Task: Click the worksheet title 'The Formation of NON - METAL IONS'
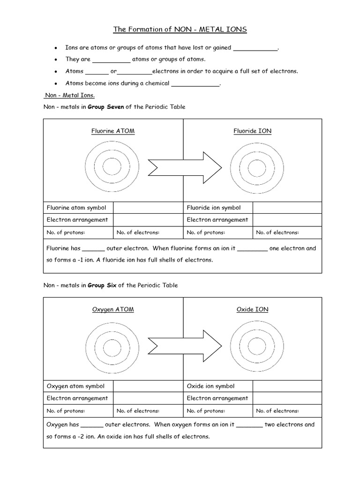tap(180, 30)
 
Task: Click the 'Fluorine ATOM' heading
tap(112, 131)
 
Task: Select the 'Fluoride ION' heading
tap(252, 131)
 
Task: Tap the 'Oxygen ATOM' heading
tap(112, 309)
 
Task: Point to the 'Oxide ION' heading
tap(252, 309)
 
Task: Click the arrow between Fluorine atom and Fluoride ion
tap(185, 166)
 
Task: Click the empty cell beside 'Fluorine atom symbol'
tap(148, 208)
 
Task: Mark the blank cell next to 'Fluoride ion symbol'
tap(287, 208)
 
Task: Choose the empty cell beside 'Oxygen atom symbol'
tap(148, 386)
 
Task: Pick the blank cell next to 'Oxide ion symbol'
tap(287, 386)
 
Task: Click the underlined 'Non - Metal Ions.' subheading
tap(69, 95)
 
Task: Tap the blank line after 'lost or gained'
tap(255, 49)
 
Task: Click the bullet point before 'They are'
tap(56, 60)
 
